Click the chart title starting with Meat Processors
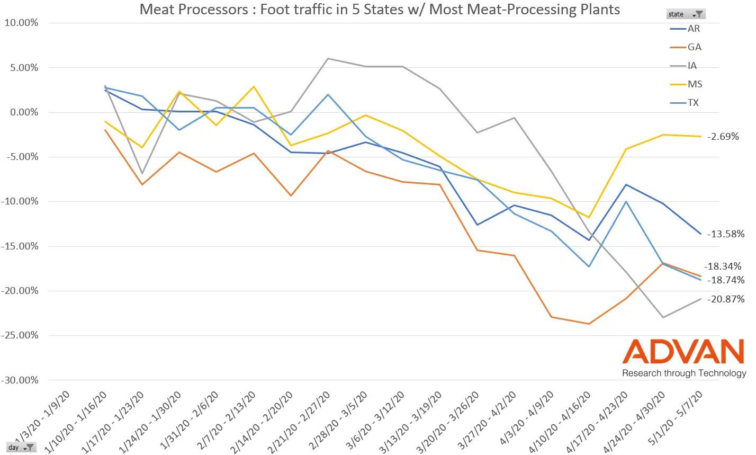point(379,9)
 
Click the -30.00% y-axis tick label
point(20,380)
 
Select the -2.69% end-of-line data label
point(724,137)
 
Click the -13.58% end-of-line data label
point(726,234)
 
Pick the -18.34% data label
point(723,266)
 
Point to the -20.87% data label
point(726,299)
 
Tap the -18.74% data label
point(726,280)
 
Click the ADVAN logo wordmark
point(683,352)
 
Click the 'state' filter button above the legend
point(686,14)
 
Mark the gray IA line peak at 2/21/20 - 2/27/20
point(328,58)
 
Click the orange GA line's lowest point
point(589,324)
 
